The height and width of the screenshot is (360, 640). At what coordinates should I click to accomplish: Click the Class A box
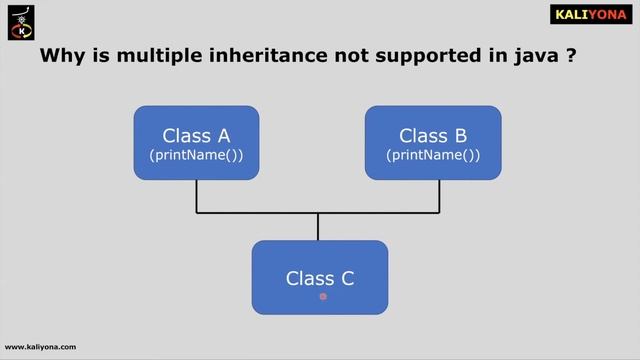click(x=196, y=143)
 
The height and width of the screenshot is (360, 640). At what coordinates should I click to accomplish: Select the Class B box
click(x=432, y=143)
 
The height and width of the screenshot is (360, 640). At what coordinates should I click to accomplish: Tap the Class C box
click(x=319, y=277)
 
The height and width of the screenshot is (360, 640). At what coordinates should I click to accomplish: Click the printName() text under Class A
click(x=196, y=156)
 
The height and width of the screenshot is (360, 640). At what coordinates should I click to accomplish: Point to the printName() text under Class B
click(x=432, y=156)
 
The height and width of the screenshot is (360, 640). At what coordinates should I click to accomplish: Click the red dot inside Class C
click(x=323, y=296)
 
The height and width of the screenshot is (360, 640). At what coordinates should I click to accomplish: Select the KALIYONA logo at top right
click(x=591, y=15)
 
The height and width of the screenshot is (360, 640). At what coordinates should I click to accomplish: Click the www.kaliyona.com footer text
click(x=41, y=347)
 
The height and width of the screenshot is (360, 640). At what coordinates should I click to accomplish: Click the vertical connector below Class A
click(x=196, y=196)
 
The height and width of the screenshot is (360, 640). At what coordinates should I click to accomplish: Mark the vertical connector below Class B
click(x=439, y=196)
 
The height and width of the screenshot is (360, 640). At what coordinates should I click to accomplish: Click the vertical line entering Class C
click(x=318, y=227)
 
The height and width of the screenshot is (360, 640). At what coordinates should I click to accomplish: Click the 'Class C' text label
click(x=320, y=279)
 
